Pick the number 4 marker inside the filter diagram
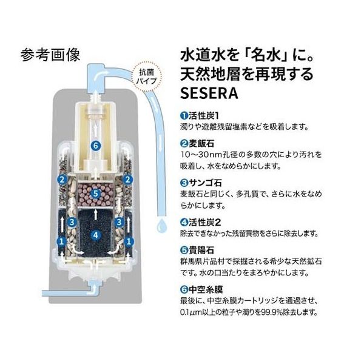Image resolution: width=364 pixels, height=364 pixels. tap(94, 234)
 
